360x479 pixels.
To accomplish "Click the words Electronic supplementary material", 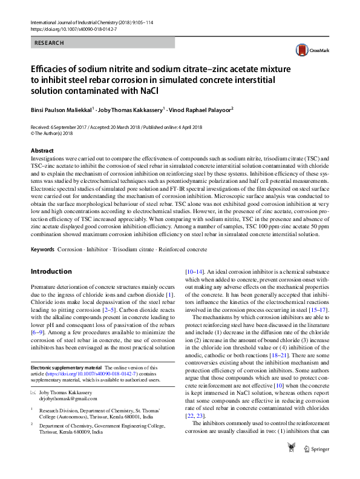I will point(66,368).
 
